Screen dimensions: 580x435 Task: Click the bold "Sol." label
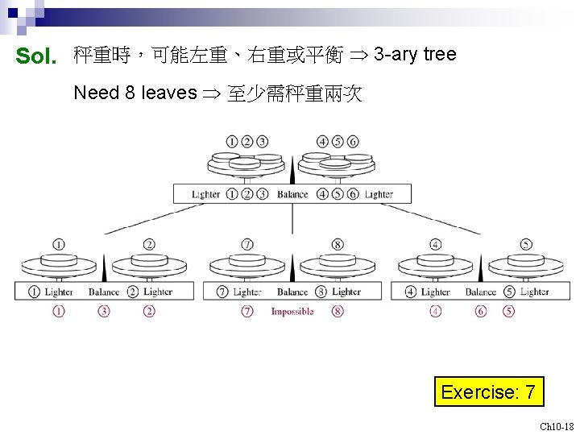point(36,56)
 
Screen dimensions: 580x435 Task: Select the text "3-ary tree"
point(415,55)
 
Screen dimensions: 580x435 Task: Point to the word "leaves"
point(169,93)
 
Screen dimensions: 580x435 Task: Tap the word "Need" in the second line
point(96,93)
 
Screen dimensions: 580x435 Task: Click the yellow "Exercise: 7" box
point(488,392)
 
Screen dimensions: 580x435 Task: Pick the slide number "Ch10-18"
point(557,426)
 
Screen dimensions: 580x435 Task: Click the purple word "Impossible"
point(292,312)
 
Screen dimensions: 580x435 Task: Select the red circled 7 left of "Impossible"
point(247,311)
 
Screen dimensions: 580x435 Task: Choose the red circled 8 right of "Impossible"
point(338,311)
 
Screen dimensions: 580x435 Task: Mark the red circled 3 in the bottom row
point(104,311)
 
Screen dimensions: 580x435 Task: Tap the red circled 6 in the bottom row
point(481,311)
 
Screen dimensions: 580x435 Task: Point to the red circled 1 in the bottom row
point(59,311)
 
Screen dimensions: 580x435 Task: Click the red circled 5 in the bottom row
point(508,311)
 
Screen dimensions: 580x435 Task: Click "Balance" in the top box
point(292,194)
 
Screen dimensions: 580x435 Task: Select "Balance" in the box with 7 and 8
point(292,292)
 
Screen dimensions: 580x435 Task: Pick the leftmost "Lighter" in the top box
point(206,194)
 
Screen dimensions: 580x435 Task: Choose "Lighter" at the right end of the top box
point(379,194)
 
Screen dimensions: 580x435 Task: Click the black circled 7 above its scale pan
point(247,244)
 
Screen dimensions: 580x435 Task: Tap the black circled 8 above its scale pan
point(338,244)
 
